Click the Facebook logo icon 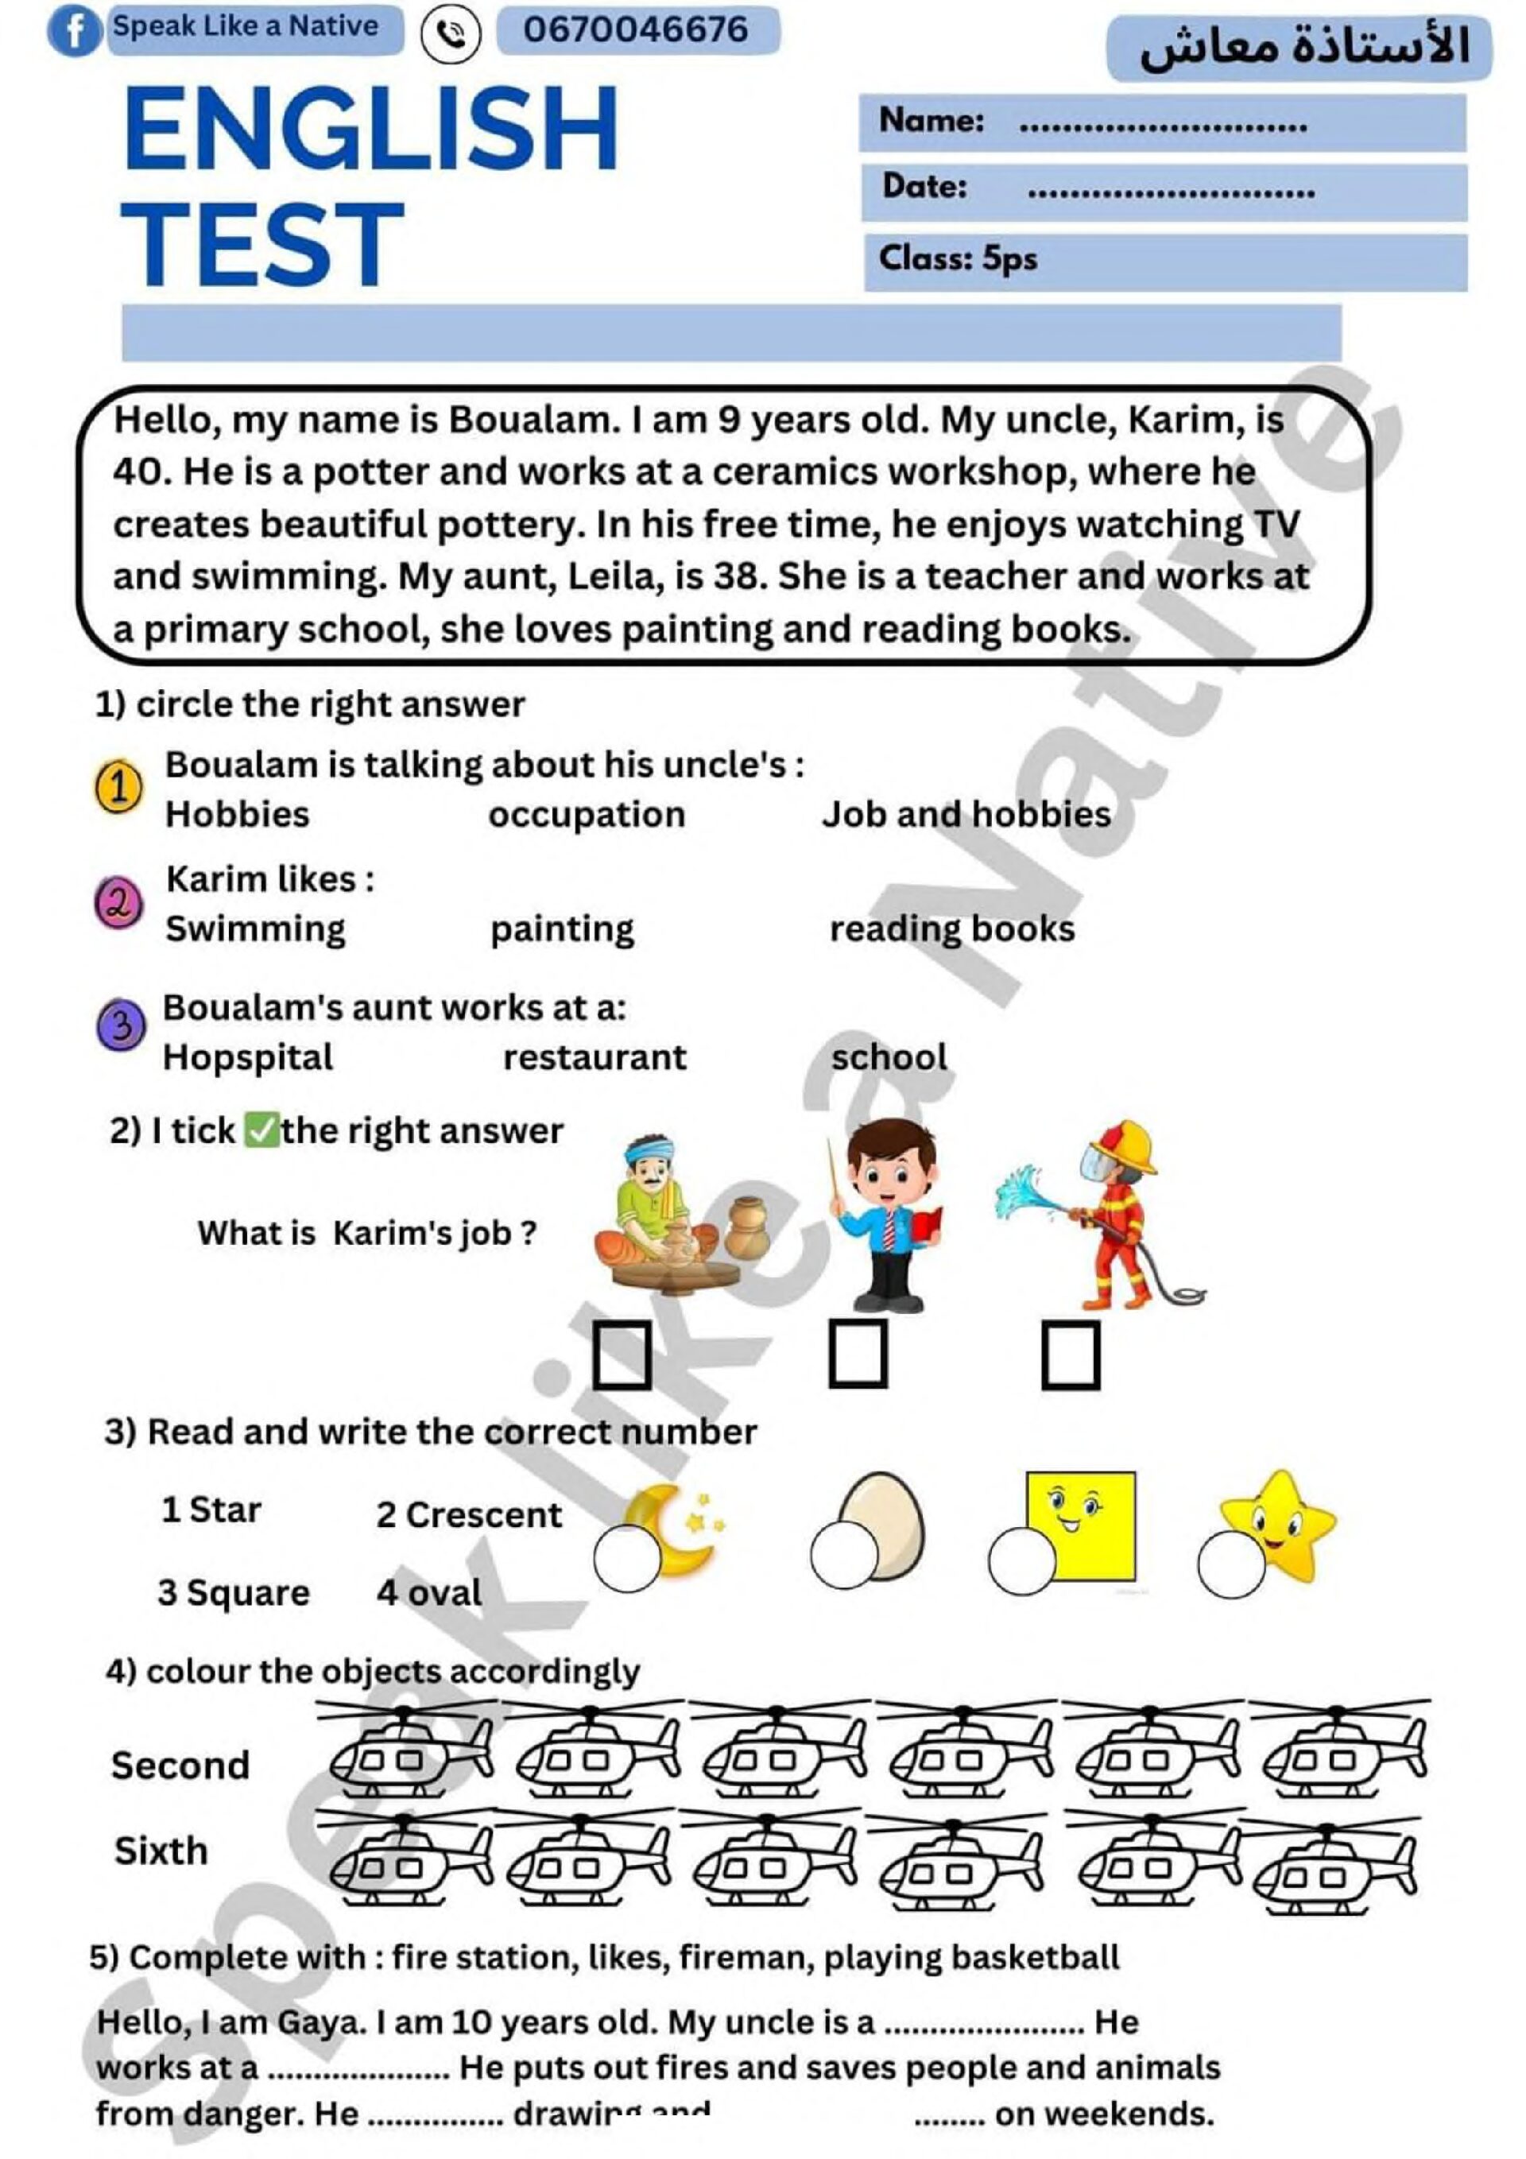coord(72,32)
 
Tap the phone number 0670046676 coord(636,30)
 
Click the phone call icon coord(451,36)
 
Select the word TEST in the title coord(262,245)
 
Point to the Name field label coord(931,120)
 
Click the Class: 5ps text coord(957,258)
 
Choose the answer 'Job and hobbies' coord(966,814)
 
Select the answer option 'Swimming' coord(256,929)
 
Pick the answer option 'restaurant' coord(595,1058)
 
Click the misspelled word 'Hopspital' coord(248,1058)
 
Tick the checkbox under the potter coord(622,1355)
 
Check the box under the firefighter coord(1070,1355)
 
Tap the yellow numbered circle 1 coord(118,788)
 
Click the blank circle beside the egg coord(842,1556)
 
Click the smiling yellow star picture coord(1279,1523)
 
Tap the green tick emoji coord(260,1130)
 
